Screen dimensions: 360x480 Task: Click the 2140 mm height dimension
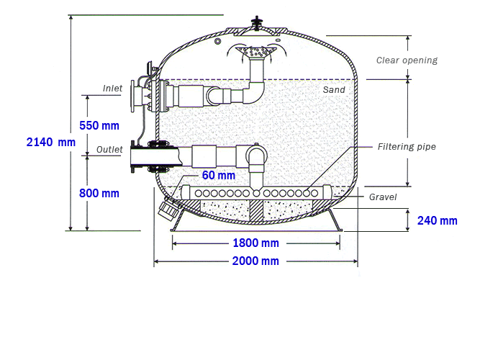pos(50,143)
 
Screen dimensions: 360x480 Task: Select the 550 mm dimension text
pos(99,125)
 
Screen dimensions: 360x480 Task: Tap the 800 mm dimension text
pos(99,193)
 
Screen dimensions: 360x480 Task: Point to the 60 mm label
pos(218,175)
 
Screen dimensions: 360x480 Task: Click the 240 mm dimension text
pos(437,220)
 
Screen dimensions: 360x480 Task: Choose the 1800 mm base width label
pos(255,243)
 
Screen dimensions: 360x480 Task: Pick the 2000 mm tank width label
pos(255,261)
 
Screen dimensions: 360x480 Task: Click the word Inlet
pos(112,89)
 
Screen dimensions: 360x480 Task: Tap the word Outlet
pos(109,150)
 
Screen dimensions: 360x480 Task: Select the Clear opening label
pos(407,60)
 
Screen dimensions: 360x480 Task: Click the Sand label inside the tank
pos(334,90)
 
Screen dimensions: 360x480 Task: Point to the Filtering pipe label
pos(407,147)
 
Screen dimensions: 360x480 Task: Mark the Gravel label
pos(383,197)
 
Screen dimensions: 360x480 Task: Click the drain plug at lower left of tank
pos(169,208)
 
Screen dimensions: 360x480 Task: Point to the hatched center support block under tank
pos(257,210)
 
